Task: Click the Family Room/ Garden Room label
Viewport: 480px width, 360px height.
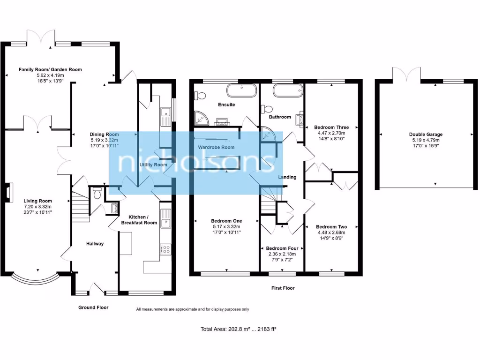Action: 50,69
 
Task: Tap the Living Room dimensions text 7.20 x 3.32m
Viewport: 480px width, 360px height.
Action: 37,207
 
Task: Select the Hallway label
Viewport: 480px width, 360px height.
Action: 95,244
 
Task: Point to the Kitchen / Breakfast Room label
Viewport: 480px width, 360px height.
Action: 139,220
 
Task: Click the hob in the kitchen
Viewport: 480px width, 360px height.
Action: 165,249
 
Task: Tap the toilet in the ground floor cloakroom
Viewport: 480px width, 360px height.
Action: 97,193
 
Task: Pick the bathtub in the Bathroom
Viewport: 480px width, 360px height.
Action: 288,90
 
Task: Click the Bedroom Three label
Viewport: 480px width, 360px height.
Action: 331,127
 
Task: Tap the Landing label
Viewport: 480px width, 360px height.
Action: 287,177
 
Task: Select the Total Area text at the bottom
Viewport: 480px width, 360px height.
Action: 239,329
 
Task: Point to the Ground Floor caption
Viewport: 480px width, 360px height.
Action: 93,307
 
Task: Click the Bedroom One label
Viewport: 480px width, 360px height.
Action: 226,221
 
